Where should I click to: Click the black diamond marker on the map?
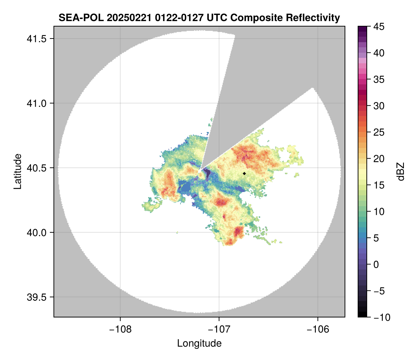245,173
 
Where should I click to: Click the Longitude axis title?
199,343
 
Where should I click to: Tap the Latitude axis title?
17,171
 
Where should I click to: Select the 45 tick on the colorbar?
378,27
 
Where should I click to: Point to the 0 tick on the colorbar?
376,264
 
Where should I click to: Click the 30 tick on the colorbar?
378,106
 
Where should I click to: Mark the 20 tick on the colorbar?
378,159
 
